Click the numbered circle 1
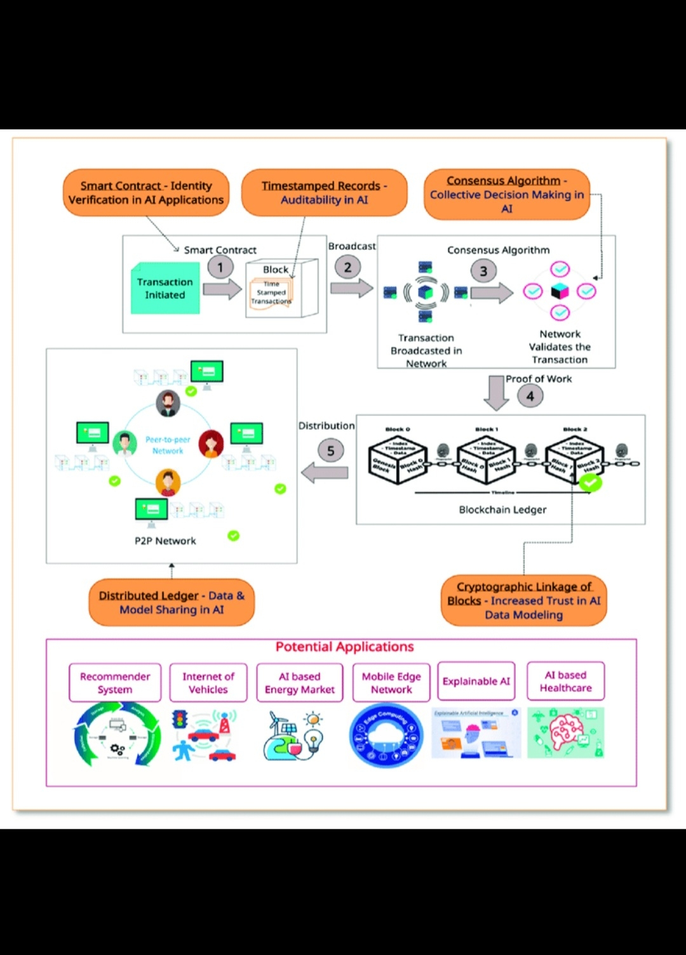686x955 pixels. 220,267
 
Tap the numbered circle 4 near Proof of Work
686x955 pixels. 530,396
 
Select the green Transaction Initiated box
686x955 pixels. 165,289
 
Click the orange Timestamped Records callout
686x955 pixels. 324,192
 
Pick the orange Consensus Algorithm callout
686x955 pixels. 506,194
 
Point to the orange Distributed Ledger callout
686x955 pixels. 171,602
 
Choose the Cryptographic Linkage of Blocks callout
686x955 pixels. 523,600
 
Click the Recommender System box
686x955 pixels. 115,683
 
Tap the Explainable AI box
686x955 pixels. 476,682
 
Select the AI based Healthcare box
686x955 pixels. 565,682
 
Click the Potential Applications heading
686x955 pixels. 344,647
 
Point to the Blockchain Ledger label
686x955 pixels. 502,510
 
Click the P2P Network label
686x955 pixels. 165,541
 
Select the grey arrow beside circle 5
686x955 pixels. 325,472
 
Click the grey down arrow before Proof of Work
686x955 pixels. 495,392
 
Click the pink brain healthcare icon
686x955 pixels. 565,733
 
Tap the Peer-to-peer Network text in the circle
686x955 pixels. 168,445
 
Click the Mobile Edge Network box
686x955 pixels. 391,683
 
